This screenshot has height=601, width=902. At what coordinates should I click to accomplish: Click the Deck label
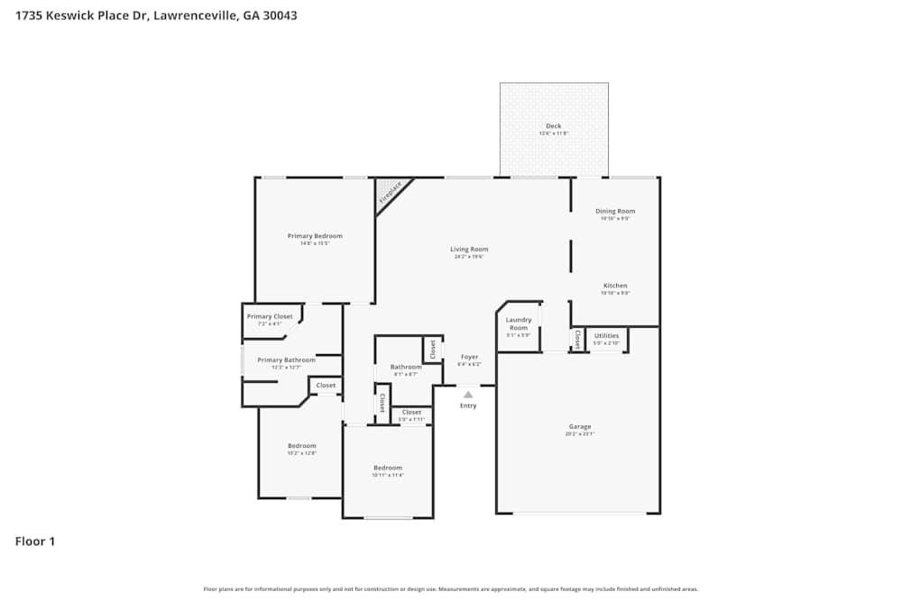[x=554, y=126]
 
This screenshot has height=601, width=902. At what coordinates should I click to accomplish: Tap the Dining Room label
[x=616, y=211]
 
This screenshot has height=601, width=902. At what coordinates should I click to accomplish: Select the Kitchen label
[x=615, y=286]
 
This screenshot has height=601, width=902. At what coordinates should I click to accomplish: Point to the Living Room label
[x=469, y=250]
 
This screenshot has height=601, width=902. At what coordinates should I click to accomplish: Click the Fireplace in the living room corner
[x=391, y=192]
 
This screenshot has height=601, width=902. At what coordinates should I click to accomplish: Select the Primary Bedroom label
[x=315, y=236]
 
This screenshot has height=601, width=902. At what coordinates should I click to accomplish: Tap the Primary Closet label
[x=270, y=316]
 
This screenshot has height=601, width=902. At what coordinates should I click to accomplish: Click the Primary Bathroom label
[x=286, y=360]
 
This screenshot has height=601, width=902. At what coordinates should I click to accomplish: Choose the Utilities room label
[x=606, y=335]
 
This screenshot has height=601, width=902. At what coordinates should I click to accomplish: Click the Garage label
[x=579, y=427]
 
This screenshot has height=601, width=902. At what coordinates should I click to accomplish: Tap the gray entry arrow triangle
[x=468, y=394]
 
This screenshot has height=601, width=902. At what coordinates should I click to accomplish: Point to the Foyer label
[x=469, y=357]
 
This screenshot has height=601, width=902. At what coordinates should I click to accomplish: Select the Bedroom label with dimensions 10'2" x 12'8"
[x=301, y=446]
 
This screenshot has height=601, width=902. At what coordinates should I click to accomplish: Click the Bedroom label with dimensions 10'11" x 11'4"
[x=388, y=468]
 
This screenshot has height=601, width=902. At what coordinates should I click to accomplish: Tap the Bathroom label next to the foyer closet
[x=406, y=367]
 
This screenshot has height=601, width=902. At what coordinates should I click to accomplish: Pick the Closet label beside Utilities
[x=577, y=340]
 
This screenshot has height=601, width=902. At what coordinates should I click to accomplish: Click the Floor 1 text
[x=35, y=542]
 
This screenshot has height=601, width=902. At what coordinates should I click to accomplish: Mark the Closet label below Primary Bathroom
[x=326, y=386]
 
